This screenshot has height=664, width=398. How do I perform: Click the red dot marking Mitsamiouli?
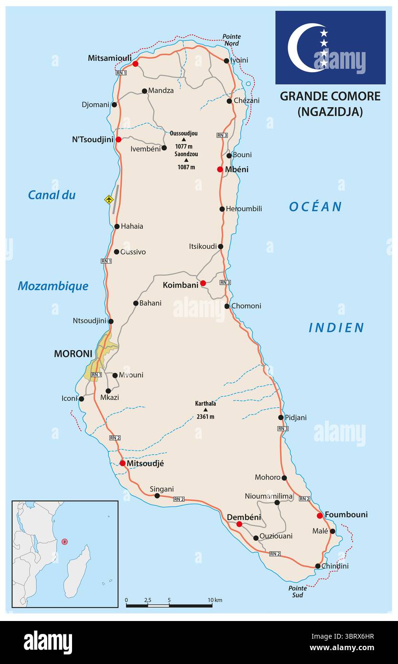pos(136,64)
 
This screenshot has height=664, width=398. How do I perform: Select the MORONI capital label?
pos(73,354)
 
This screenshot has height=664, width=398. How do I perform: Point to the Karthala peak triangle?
pos(206,410)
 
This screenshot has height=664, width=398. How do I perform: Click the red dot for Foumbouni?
pos(320,515)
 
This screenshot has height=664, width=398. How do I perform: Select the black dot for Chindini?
pos(318,566)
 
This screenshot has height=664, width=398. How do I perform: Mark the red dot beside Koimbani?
pos(203,283)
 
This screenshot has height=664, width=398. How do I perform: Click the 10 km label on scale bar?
pos(215,600)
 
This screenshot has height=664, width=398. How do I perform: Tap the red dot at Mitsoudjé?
pos(123,463)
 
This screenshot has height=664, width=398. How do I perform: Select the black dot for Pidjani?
pos(281,418)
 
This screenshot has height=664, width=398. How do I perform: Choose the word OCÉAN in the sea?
pos(315,207)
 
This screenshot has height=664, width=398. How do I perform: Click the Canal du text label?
pos(52,195)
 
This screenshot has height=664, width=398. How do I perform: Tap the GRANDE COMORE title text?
pos(330,96)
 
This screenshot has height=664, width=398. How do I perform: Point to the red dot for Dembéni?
pos(239,524)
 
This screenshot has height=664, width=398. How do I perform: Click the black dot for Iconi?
pos(81,399)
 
